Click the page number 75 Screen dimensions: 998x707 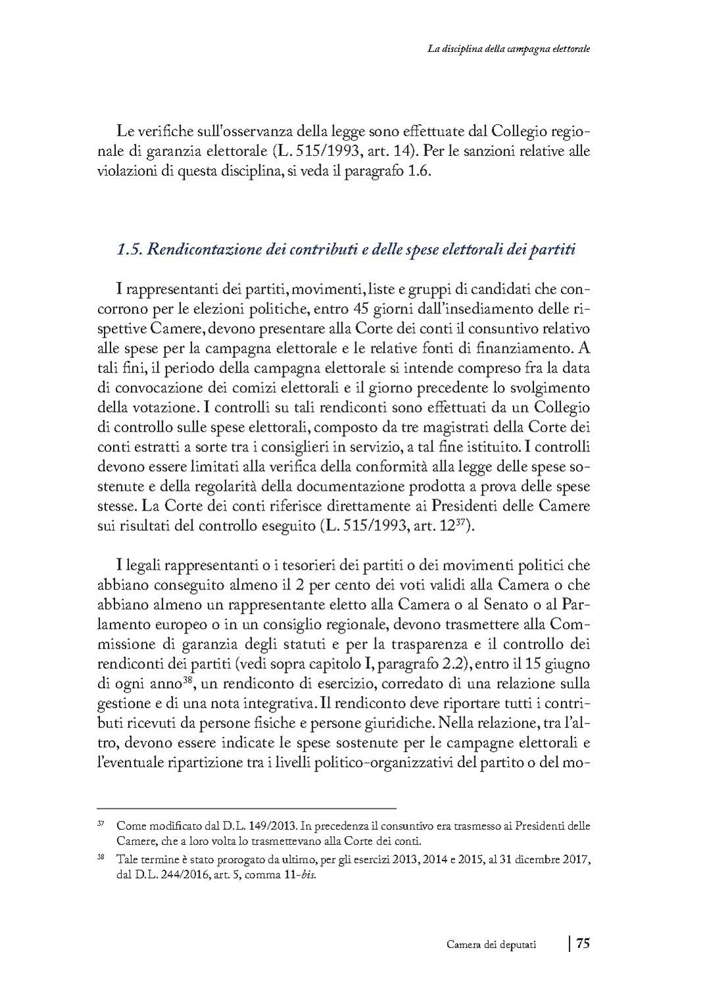pos(583,944)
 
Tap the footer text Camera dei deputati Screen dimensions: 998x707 pos(491,945)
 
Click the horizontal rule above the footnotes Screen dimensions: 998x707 pos(246,807)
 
